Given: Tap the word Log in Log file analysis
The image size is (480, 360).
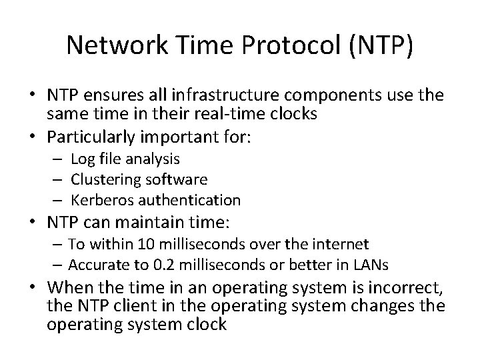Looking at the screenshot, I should [82, 160].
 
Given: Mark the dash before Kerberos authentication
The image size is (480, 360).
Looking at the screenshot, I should [58, 200].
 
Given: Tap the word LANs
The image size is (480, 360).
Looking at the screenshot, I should [371, 265].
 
